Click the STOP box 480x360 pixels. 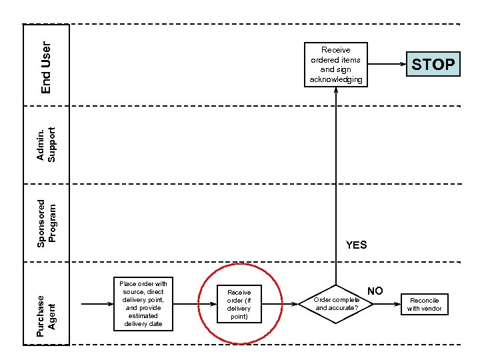[433, 65]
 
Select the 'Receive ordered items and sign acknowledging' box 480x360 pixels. [336, 65]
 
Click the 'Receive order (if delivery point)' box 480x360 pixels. [239, 304]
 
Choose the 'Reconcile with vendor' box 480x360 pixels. [424, 305]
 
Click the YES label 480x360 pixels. [356, 245]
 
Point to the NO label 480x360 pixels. [375, 291]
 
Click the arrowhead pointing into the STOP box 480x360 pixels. [403, 65]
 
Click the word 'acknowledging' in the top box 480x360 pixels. [336, 80]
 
